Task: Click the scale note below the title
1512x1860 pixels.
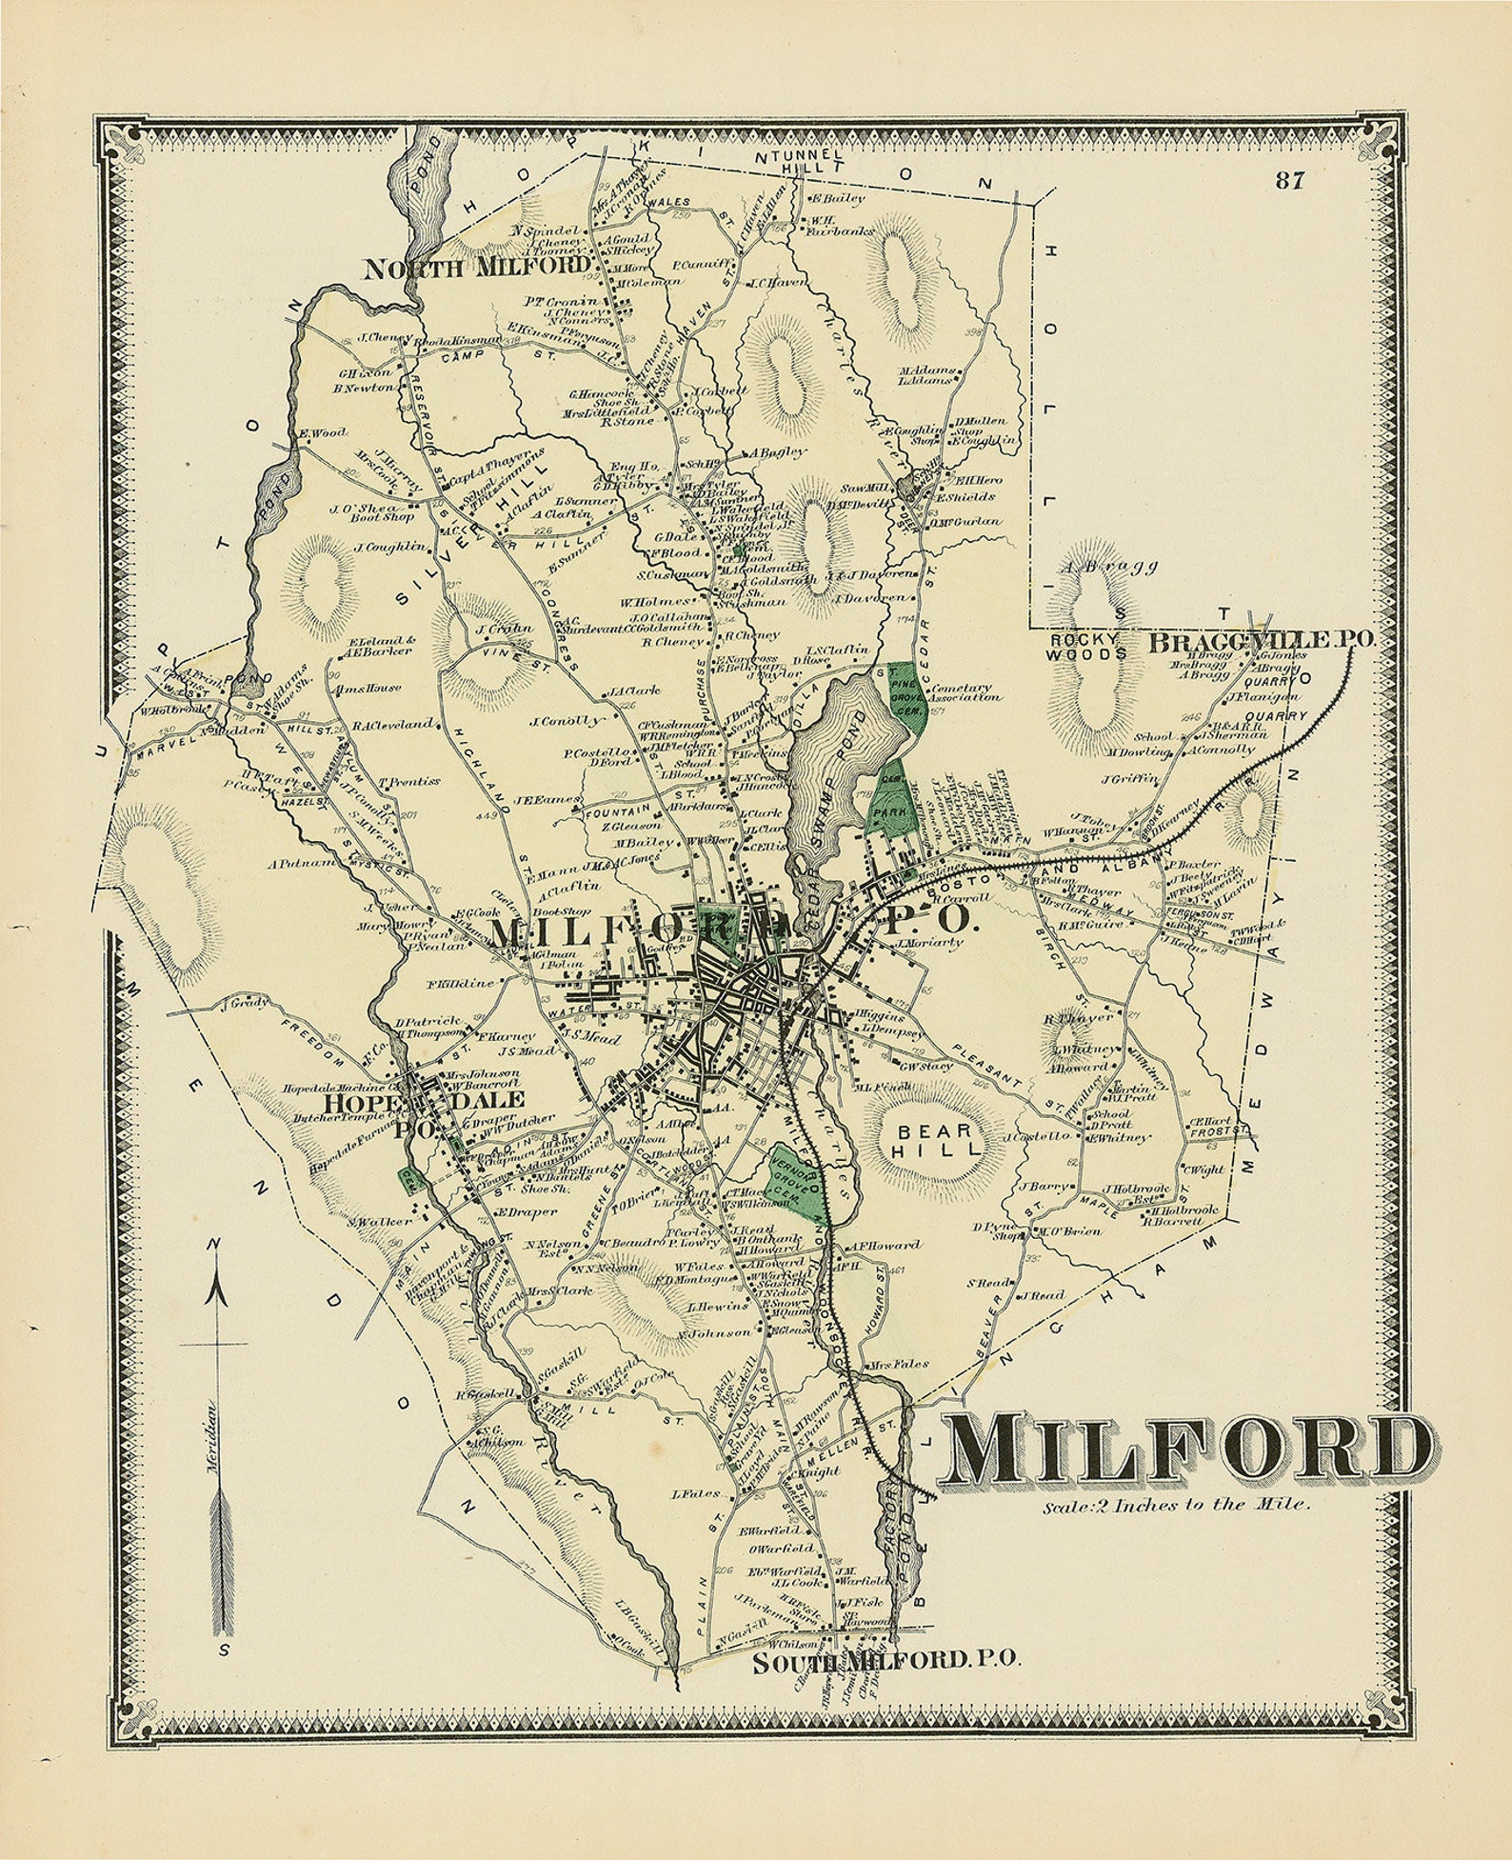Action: [x=1177, y=1507]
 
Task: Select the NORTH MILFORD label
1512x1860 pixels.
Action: [x=480, y=268]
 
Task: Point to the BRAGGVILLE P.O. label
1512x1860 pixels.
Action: [x=1261, y=641]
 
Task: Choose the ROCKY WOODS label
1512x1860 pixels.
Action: [x=1085, y=647]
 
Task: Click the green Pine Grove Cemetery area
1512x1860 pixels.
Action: [x=905, y=700]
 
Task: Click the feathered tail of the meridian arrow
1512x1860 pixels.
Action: [x=220, y=1562]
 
